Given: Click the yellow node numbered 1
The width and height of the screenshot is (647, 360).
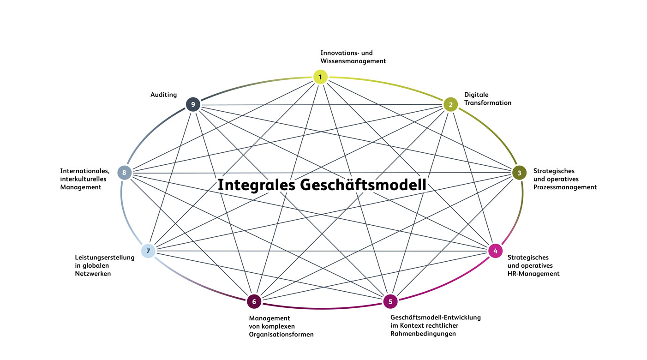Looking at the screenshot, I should pos(320,76).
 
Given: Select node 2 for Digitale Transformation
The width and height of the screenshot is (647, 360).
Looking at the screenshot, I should pos(450,105).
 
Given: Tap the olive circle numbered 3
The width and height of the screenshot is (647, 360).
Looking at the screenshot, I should pos(519,173).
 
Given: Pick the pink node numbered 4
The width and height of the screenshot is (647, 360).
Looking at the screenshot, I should pos(495,251).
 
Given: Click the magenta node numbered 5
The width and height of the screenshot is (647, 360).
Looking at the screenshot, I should pos(390,301).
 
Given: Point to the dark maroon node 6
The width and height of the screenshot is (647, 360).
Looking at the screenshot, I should pos(254,301).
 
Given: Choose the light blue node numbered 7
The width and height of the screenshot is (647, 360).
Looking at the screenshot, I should pos(148,251).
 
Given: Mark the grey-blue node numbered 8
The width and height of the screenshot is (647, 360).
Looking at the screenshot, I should pos(124,173).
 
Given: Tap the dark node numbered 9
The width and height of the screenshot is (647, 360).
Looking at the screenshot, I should pos(193,105).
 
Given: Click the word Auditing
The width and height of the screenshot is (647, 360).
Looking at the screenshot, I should pos(163,95).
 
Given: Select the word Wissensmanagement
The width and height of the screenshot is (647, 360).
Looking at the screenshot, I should pos(353,61).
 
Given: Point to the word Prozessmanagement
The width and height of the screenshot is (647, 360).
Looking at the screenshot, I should pos(565,187).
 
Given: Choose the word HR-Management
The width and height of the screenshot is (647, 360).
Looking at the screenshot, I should pos(533,274).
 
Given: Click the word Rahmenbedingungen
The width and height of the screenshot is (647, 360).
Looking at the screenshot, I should pos(423,334).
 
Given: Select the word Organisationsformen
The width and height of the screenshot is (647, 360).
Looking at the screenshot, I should pos(281,335).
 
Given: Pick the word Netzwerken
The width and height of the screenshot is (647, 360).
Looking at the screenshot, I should pos(93,274).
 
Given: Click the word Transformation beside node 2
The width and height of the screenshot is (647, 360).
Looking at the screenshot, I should pos(488,103).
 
